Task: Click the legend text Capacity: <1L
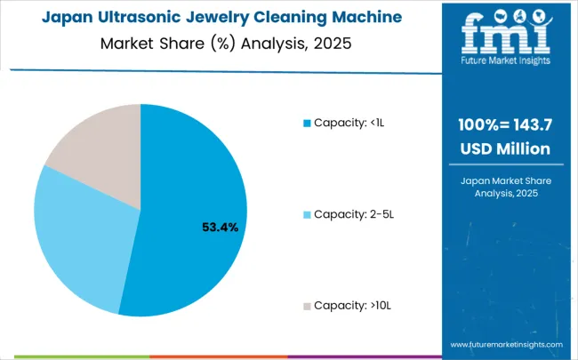(x=350, y=122)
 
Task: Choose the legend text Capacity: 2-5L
(x=354, y=214)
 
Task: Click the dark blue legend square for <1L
(x=307, y=122)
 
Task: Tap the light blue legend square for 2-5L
(x=307, y=214)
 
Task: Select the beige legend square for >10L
(x=307, y=306)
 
